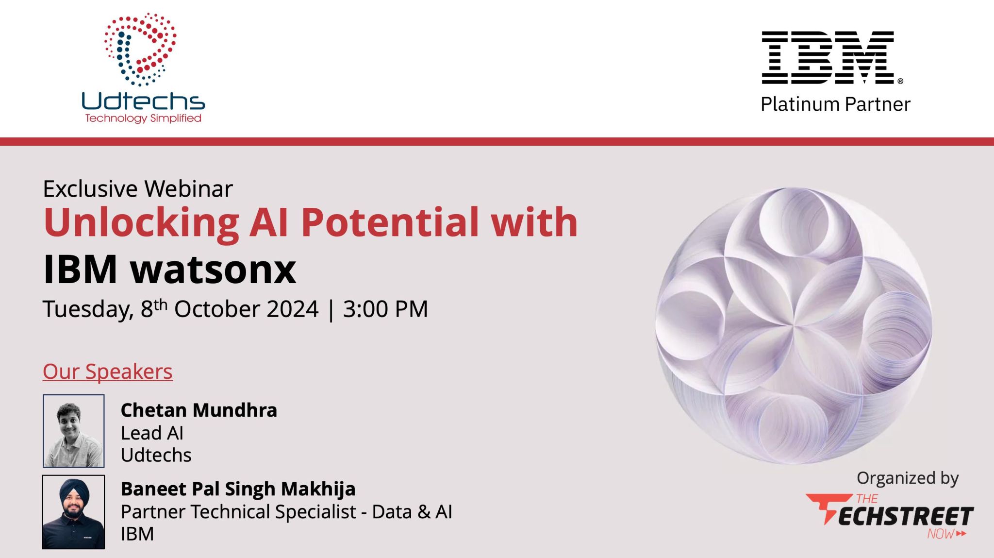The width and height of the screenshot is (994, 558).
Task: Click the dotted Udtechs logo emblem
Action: [140, 50]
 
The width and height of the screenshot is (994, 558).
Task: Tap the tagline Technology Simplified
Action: [143, 118]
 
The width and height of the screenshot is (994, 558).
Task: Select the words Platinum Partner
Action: [835, 104]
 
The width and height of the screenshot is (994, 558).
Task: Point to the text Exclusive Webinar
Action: [138, 189]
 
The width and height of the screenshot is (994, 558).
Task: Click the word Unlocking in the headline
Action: [141, 223]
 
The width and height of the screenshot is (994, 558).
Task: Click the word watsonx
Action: [213, 270]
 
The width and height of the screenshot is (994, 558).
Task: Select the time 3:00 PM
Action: [385, 309]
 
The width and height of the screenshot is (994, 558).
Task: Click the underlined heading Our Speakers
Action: [108, 372]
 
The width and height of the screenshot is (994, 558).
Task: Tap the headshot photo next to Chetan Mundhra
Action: [74, 431]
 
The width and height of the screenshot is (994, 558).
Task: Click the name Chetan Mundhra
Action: [199, 410]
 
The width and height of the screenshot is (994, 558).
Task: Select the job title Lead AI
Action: [152, 433]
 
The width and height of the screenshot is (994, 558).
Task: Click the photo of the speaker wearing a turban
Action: [74, 512]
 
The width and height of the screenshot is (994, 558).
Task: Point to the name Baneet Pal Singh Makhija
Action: [238, 490]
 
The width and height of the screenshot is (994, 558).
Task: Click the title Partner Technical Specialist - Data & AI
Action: [286, 512]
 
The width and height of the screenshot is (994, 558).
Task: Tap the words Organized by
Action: [908, 479]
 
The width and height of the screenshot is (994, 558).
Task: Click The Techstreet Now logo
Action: [890, 516]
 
